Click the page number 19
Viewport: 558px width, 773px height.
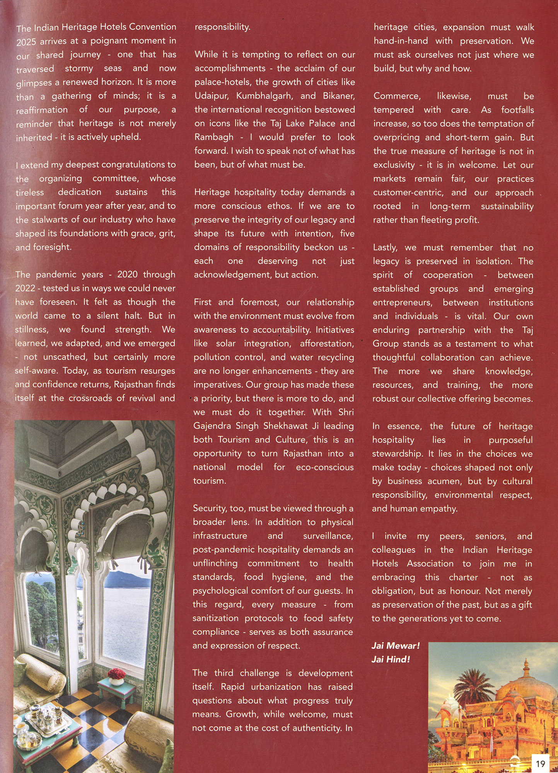point(540,764)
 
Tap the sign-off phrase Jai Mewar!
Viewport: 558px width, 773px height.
point(395,646)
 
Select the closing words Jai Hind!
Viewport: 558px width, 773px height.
point(390,659)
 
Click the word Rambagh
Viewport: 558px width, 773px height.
point(214,137)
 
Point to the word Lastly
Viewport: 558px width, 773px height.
point(385,248)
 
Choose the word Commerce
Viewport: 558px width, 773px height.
point(397,96)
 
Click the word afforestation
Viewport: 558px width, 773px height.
point(327,344)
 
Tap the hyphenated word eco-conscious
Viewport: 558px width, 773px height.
point(324,467)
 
